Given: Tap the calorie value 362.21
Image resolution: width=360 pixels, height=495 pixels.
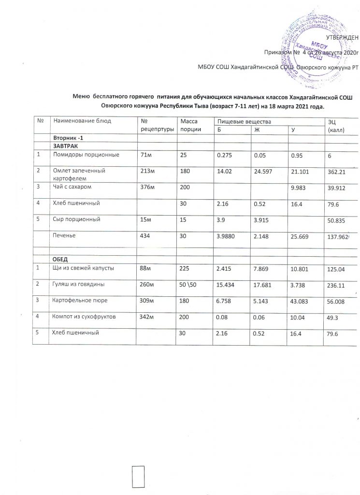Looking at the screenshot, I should click(x=338, y=171).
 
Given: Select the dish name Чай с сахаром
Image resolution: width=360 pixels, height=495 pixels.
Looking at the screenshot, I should click(x=72, y=186).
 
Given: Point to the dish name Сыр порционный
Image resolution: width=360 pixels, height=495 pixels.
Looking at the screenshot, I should click(x=76, y=219).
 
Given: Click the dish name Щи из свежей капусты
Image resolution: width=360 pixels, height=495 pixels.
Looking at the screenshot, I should click(x=83, y=268).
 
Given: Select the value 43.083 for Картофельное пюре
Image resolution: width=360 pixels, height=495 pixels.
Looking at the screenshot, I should click(x=301, y=300).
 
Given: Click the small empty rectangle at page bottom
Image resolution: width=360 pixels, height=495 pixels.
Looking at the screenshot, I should click(x=139, y=478).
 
